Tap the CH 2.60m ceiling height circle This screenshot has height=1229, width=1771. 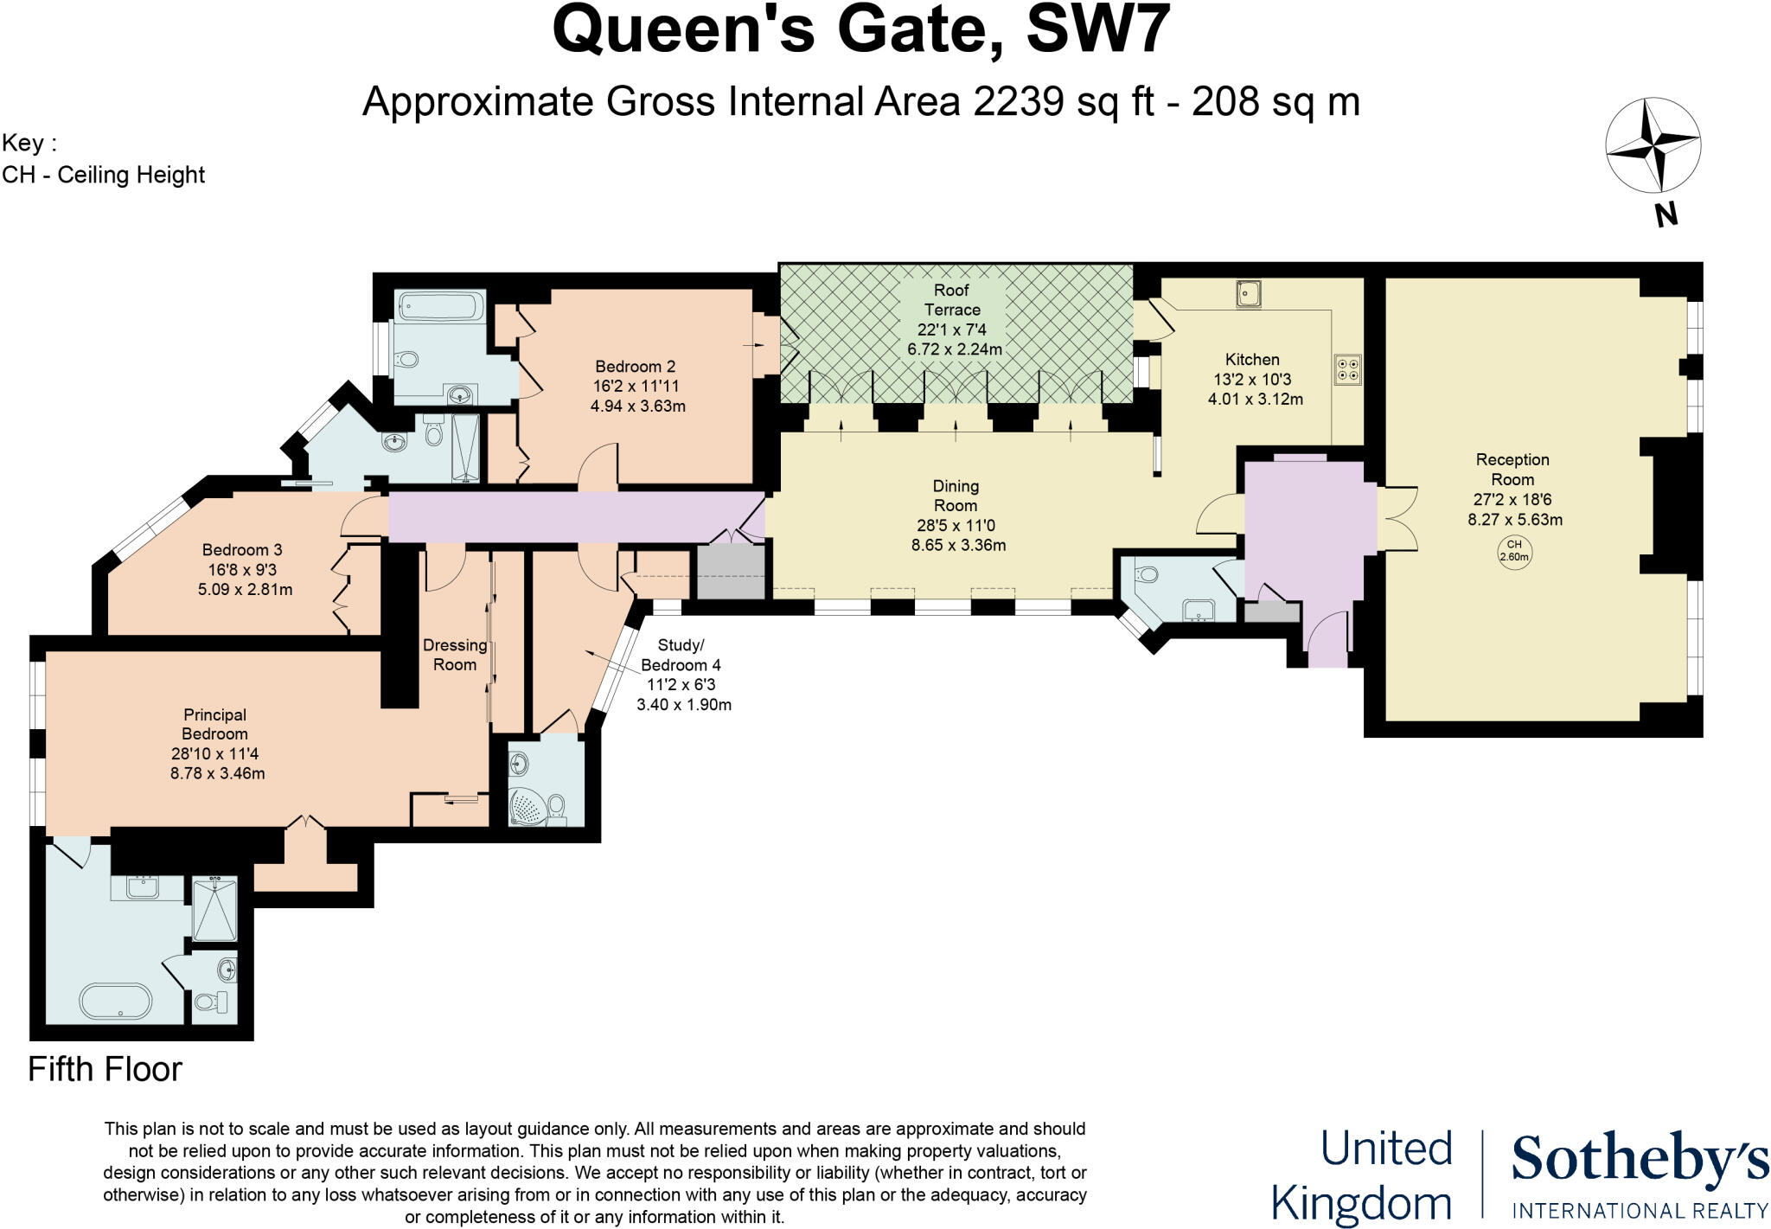1513,551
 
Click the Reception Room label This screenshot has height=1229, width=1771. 1512,470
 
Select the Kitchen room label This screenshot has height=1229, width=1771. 1251,360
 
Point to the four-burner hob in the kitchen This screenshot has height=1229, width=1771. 1347,369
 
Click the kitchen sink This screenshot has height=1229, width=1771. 1249,294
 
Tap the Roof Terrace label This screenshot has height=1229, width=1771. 951,300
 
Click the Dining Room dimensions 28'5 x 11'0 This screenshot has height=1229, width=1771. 956,526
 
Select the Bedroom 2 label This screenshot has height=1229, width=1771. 635,367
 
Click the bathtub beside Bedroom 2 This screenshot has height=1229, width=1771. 439,306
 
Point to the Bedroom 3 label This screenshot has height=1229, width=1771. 242,550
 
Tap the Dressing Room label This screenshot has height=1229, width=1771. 455,655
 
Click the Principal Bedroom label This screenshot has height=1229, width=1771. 214,724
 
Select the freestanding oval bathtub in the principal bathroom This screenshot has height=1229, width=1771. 115,1001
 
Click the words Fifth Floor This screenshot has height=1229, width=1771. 105,1070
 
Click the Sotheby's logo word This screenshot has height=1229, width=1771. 1640,1159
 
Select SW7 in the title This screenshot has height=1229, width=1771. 1097,30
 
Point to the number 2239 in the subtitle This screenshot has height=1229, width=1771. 1018,102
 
